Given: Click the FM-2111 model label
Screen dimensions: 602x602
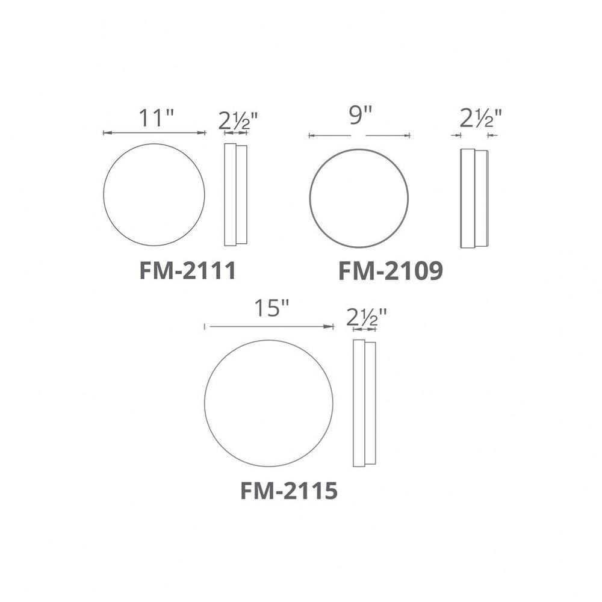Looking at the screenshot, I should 187,271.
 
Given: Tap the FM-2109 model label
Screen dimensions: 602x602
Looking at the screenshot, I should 391,272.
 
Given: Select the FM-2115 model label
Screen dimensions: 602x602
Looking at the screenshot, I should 288,491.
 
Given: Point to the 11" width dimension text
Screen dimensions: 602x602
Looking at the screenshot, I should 156,118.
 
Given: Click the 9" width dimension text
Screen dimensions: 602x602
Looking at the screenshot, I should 360,116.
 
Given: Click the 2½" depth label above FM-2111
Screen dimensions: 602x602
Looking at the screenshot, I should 238,121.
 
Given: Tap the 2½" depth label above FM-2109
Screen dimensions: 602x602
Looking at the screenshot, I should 480,118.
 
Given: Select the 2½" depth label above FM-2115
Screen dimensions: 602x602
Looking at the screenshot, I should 366,316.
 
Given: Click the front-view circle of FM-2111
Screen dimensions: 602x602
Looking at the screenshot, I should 154,194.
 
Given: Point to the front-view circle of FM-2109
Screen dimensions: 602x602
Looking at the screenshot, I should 359,197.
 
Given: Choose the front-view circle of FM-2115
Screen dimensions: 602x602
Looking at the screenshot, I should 268,403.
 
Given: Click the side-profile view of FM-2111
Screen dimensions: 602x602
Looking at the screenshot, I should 235,194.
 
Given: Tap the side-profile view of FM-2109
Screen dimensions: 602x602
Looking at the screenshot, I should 474,198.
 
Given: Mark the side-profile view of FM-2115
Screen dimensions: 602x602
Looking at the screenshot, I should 364,403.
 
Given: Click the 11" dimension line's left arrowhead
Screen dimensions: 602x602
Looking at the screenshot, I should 107,132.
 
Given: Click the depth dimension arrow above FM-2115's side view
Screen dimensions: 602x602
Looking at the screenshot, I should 364,329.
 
